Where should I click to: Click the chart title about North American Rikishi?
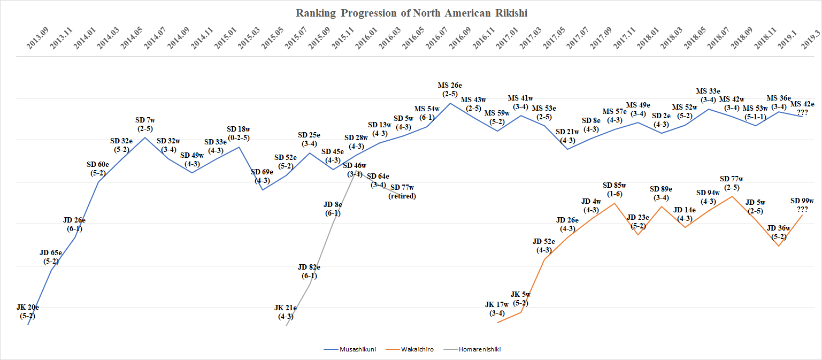[411, 13]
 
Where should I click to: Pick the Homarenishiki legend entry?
[479, 349]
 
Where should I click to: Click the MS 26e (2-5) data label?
[449, 90]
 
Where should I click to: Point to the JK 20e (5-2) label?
[27, 311]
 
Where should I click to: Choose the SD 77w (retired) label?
[402, 192]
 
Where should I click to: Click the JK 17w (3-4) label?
[497, 309]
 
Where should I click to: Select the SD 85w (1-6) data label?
[614, 190]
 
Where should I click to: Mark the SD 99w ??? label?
[802, 205]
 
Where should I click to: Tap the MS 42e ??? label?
[802, 108]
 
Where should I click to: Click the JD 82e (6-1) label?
[309, 272]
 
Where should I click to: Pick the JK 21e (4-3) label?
[286, 312]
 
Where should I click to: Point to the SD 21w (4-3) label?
[567, 136]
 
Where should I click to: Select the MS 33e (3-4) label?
[709, 95]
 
